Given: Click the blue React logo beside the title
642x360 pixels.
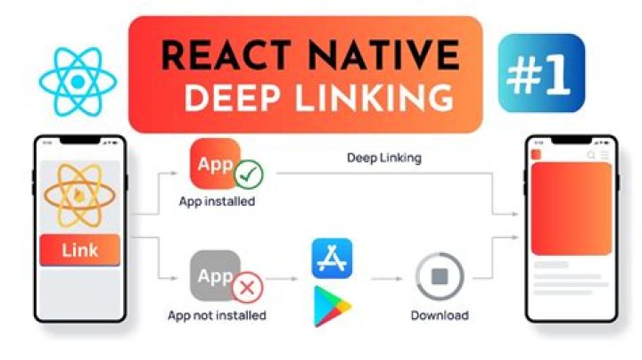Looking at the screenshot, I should tap(76, 80).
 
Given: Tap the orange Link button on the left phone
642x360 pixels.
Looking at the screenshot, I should tap(80, 250).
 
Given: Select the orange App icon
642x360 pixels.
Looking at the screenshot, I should tap(214, 164).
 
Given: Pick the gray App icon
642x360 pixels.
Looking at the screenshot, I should tap(214, 275).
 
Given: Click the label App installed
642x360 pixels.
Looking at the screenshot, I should tap(217, 201).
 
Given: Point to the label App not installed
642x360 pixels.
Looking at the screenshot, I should tap(217, 315).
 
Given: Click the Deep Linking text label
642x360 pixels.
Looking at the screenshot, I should tap(383, 158).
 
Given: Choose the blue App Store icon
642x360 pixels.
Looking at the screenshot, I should tap(333, 259).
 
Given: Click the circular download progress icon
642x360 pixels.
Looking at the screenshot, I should tap(439, 276).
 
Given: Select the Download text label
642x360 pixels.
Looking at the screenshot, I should tap(439, 315).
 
